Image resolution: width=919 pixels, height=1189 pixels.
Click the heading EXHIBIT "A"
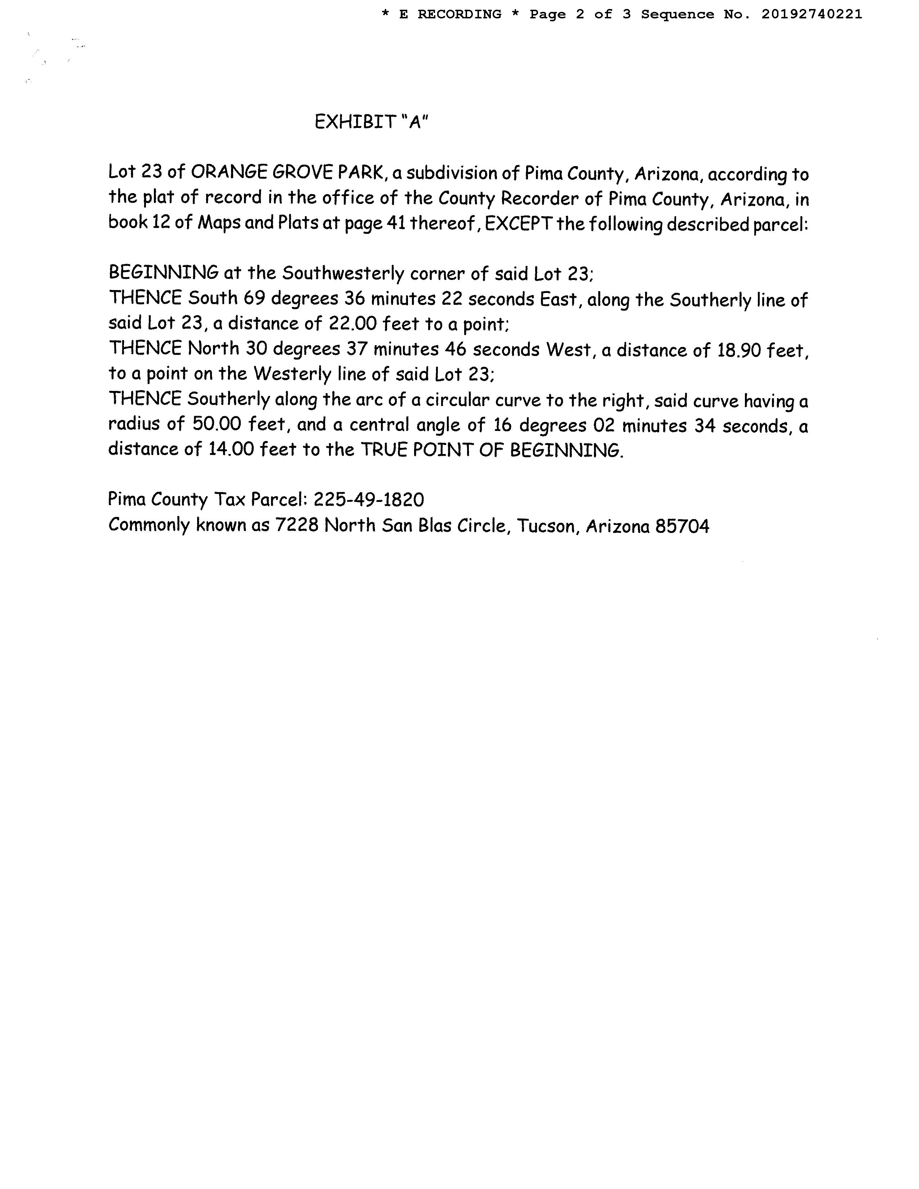pyautogui.click(x=371, y=122)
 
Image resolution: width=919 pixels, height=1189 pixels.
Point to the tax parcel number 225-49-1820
pyautogui.click(x=369, y=499)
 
